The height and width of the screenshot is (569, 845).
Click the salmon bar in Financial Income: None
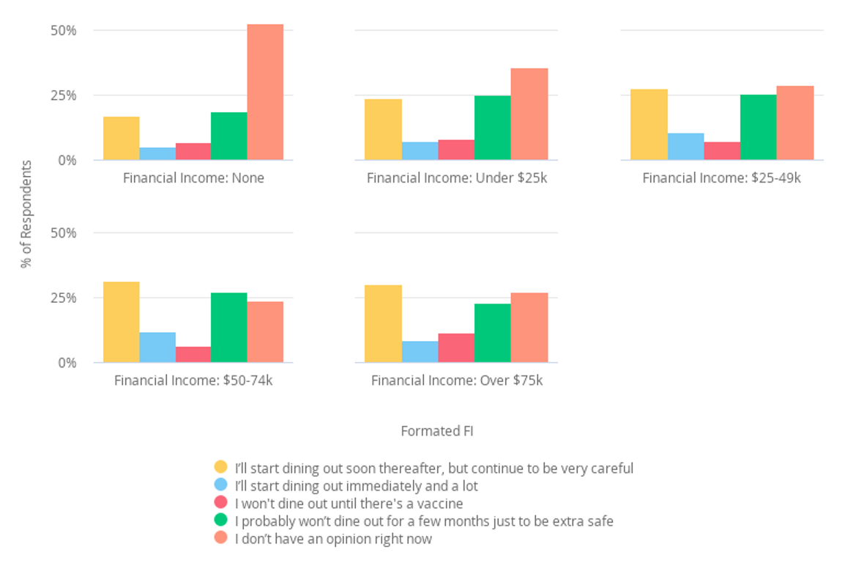(265, 92)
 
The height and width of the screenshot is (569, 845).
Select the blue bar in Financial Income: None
(157, 153)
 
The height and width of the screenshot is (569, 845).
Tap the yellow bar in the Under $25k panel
(383, 129)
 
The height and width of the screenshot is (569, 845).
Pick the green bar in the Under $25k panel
(492, 128)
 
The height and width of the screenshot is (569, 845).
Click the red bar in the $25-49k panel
(721, 150)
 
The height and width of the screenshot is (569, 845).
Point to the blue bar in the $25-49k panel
(685, 146)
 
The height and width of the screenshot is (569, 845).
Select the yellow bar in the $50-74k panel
(122, 322)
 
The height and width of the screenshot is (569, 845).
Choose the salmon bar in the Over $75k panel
(529, 327)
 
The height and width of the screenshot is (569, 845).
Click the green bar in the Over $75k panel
(492, 333)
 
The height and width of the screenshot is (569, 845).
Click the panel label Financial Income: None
(193, 178)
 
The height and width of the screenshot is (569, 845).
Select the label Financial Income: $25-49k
(721, 178)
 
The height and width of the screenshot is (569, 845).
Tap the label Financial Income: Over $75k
(457, 381)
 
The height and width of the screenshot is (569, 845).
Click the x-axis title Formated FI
(437, 431)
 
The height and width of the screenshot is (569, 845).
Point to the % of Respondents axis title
(26, 214)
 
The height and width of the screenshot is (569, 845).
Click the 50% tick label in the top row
(62, 31)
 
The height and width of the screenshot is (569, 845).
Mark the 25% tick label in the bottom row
(62, 298)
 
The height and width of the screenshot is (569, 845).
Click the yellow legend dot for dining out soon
(220, 467)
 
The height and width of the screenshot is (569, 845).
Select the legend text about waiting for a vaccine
(349, 504)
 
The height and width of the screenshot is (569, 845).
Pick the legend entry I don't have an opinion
(333, 539)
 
